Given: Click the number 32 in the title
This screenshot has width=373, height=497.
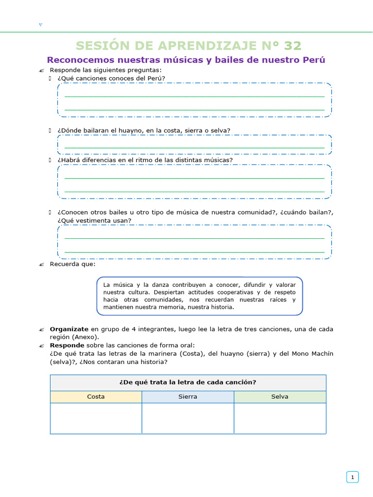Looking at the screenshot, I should pyautogui.click(x=293, y=46).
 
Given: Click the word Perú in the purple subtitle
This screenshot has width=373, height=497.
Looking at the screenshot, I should pyautogui.click(x=314, y=60).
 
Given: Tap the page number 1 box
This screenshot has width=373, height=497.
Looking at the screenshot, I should pyautogui.click(x=352, y=478).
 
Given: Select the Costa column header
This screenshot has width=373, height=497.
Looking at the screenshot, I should pyautogui.click(x=96, y=397).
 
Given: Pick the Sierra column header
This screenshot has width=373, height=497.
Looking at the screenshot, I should pyautogui.click(x=187, y=397).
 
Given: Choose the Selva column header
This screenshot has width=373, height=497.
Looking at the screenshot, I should pyautogui.click(x=280, y=397).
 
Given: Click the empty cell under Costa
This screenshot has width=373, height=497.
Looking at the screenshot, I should pyautogui.click(x=96, y=418).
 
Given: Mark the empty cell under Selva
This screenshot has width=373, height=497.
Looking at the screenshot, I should pyautogui.click(x=280, y=418).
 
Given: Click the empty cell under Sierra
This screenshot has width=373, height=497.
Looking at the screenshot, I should pyautogui.click(x=187, y=418).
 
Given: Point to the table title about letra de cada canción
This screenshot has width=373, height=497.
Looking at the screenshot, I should pyautogui.click(x=187, y=382).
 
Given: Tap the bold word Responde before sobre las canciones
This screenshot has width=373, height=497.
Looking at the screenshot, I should pyautogui.click(x=67, y=345).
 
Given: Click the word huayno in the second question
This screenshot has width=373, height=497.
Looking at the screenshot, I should pyautogui.click(x=132, y=130).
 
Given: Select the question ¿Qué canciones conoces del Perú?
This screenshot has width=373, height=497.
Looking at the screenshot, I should pyautogui.click(x=111, y=78).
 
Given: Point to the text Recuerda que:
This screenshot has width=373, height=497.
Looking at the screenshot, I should pyautogui.click(x=72, y=265).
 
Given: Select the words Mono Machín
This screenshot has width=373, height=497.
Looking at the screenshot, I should pyautogui.click(x=314, y=353).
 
